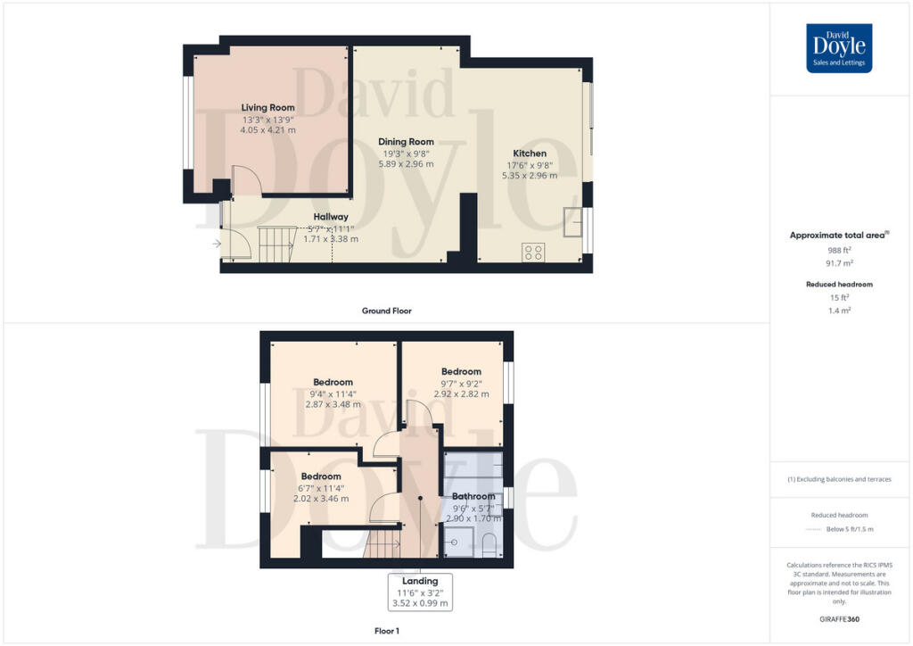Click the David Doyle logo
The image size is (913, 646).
(x=839, y=48)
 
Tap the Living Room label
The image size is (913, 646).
(x=267, y=107)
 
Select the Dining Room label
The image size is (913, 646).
(x=406, y=142)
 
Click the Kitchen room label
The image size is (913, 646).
(x=530, y=153)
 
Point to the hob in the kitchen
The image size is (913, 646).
(x=533, y=253)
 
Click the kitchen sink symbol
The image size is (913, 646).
(x=572, y=219)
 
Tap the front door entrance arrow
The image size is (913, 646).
(x=217, y=242)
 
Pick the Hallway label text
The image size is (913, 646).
(x=331, y=217)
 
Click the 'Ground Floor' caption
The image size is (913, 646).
(x=386, y=311)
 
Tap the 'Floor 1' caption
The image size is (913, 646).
(x=386, y=631)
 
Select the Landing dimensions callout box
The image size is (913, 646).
(x=420, y=592)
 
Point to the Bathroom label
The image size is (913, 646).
(x=473, y=496)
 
